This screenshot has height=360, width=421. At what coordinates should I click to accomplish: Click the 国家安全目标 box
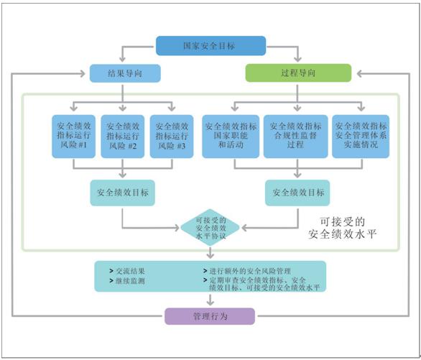tap(211, 46)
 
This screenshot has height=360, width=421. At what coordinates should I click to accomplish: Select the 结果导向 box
tap(125, 73)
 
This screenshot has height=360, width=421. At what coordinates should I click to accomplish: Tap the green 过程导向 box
tap(298, 73)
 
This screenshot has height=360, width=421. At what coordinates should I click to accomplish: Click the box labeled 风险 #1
tap(73, 136)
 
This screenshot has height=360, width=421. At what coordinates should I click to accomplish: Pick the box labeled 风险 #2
tap(123, 136)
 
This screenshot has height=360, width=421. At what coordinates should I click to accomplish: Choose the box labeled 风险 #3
tap(172, 136)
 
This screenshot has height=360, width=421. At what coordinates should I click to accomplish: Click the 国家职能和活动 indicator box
tap(231, 136)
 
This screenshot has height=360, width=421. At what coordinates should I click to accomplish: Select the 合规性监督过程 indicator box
tap(295, 136)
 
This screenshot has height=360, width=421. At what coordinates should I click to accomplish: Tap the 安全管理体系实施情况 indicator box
tap(361, 136)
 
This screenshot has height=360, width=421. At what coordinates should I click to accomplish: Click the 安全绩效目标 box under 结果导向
tap(122, 193)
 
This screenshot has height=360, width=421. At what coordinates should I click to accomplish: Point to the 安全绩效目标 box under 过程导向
tap(297, 193)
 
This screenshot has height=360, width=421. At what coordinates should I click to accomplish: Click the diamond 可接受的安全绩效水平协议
tap(210, 228)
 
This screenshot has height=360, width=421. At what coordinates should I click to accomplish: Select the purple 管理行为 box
tap(210, 316)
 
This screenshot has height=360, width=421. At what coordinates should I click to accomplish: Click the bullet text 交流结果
tap(130, 271)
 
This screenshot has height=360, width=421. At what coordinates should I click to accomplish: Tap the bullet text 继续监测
tap(130, 281)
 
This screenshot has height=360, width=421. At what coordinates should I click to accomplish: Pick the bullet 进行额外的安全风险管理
tap(250, 271)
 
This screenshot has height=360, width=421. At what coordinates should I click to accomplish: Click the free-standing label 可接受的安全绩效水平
tap(342, 228)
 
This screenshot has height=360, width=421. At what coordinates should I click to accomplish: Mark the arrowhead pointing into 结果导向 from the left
tap(83, 73)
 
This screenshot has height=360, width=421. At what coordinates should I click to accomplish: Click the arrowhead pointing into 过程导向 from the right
tap(360, 73)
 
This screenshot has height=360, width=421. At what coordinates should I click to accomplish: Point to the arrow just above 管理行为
tap(210, 300)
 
